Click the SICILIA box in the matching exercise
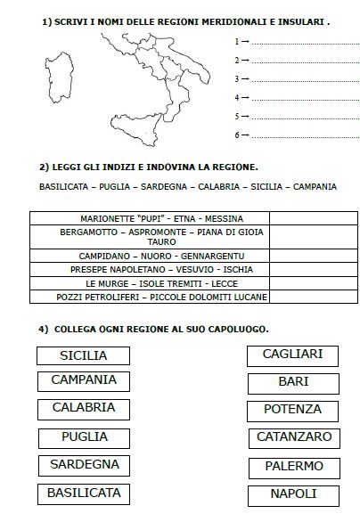(83, 355)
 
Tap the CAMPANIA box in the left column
(83, 380)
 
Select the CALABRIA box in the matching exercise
(83, 408)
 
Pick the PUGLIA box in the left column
(85, 437)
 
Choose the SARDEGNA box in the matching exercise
(85, 465)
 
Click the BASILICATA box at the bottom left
(85, 493)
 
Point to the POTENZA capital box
(293, 410)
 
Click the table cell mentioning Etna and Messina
(149, 218)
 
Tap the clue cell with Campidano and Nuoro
(149, 256)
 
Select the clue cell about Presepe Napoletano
(149, 269)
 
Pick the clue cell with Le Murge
(149, 282)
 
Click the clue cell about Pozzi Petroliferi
(149, 297)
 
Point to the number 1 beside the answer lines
(235, 41)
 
